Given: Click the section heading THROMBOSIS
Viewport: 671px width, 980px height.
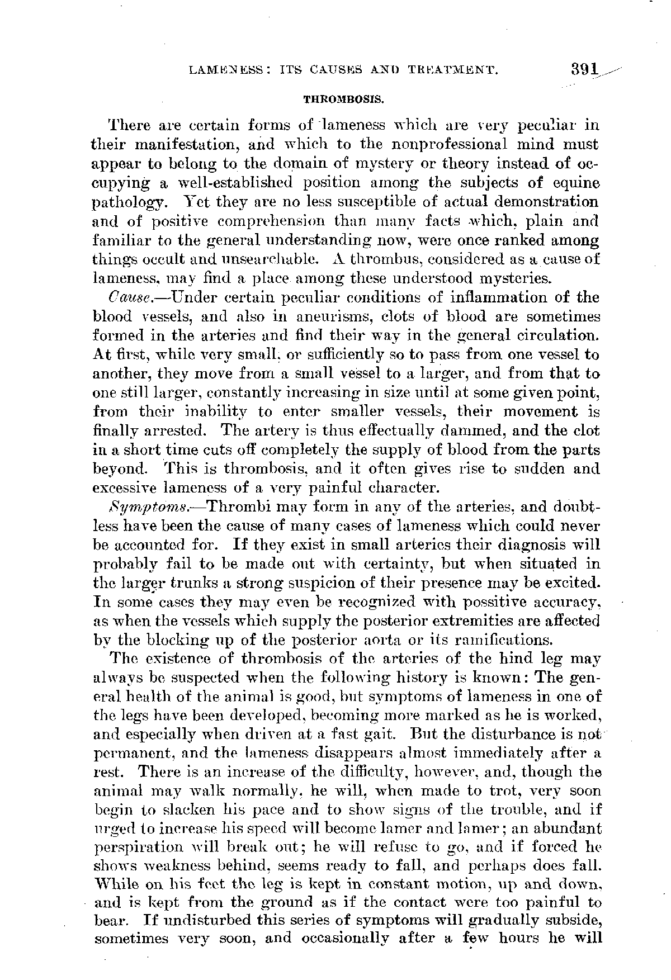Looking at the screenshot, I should point(343,100).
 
